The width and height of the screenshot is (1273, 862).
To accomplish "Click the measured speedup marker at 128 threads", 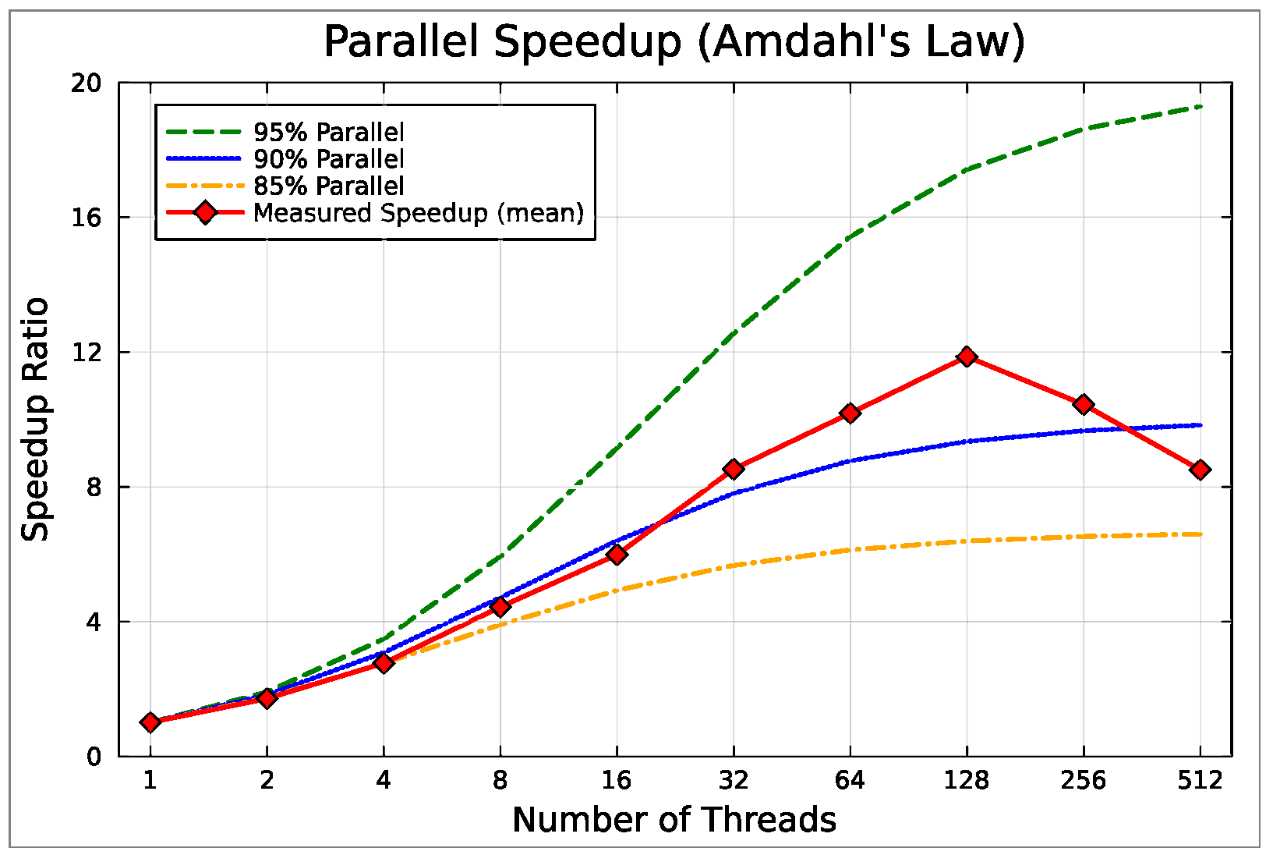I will pyautogui.click(x=967, y=357).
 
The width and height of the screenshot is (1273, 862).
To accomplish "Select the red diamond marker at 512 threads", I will pyautogui.click(x=1200, y=470).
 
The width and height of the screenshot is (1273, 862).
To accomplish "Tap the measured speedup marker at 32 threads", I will pyautogui.click(x=733, y=469).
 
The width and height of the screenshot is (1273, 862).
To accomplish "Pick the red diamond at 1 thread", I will pyautogui.click(x=150, y=722).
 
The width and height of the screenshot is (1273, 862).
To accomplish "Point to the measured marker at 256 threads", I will pyautogui.click(x=1083, y=404).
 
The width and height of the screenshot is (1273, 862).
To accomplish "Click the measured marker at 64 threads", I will pyautogui.click(x=850, y=413).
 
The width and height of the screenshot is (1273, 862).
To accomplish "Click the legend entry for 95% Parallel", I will pyautogui.click(x=328, y=132).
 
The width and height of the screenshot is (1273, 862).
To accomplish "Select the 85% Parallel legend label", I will pyautogui.click(x=328, y=186).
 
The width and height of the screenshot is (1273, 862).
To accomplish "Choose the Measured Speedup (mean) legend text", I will pyautogui.click(x=419, y=213).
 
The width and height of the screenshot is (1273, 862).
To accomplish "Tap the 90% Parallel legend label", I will pyautogui.click(x=328, y=159).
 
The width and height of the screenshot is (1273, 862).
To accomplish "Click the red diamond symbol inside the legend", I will pyautogui.click(x=206, y=213).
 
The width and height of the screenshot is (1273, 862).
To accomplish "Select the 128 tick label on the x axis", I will pyautogui.click(x=967, y=779).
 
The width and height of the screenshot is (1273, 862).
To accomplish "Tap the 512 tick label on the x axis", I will pyautogui.click(x=1200, y=779).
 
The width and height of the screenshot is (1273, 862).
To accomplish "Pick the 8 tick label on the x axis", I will pyautogui.click(x=500, y=779).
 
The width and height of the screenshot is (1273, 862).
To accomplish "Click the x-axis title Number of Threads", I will pyautogui.click(x=674, y=820).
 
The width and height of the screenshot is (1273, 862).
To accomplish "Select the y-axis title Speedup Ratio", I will pyautogui.click(x=36, y=419).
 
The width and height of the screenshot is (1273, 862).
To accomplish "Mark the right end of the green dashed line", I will pyautogui.click(x=1201, y=106).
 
